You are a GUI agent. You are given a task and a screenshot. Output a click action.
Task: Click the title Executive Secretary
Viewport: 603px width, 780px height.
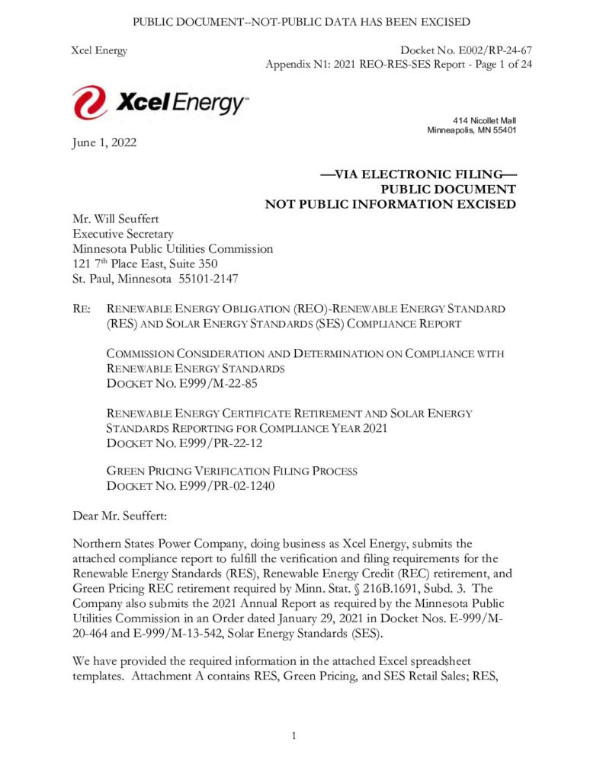123,235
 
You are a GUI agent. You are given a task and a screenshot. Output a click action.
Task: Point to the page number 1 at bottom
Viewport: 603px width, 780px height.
293,735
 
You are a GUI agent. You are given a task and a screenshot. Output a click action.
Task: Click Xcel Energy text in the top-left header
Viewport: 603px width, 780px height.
98,50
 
